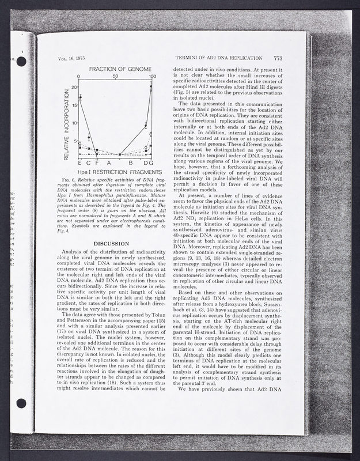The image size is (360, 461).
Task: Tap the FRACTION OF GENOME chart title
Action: tap(116, 69)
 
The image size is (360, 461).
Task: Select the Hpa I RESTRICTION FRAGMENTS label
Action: tap(116, 172)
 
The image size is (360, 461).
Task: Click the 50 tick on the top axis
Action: tap(116, 76)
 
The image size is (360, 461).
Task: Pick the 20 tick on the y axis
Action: tap(74, 88)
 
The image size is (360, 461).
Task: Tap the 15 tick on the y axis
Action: tap(74, 105)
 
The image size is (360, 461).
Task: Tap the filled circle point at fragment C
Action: tap(89, 137)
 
